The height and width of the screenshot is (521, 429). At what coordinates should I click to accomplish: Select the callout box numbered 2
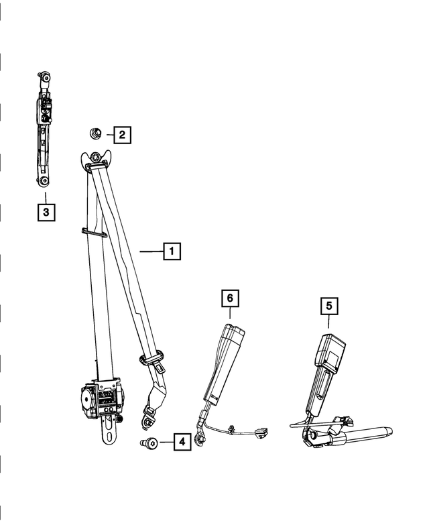[121, 135]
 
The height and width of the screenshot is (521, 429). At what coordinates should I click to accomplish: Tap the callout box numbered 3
[46, 213]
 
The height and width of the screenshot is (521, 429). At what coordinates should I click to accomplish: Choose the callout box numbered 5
[328, 306]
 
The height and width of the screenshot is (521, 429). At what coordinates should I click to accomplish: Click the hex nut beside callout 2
[96, 134]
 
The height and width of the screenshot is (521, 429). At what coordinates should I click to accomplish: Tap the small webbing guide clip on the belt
[94, 233]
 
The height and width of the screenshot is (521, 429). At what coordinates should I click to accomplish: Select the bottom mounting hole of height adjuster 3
[44, 180]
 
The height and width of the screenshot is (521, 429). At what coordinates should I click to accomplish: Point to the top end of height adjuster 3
[45, 76]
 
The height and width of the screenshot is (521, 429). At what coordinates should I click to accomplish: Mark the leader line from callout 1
[151, 251]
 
